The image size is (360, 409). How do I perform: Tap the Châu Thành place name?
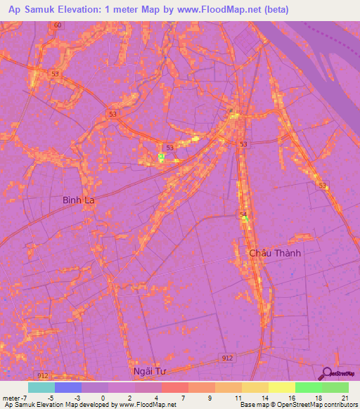click(275, 252)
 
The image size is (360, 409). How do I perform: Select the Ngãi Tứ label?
click(152, 370)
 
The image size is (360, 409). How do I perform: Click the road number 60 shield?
click(57, 25)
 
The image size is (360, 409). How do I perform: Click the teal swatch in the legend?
click(41, 387)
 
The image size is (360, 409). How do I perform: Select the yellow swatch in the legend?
click(281, 387)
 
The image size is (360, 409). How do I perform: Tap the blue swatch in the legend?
click(68, 387)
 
